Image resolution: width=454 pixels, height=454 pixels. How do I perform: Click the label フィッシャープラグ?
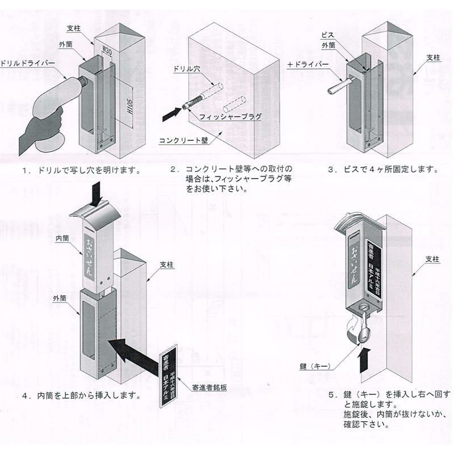pos(230,116)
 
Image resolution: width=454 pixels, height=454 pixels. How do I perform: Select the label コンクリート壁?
pos(183,140)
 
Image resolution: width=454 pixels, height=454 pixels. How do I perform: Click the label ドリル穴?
pos(186,69)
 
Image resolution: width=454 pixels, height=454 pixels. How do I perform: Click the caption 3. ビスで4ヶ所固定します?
pos(384,170)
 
